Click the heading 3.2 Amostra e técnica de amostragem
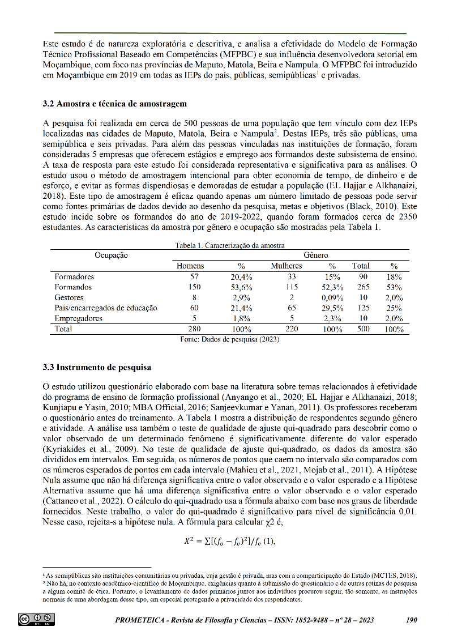point(115,104)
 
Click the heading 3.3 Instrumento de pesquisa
point(97,367)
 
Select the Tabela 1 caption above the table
point(229,246)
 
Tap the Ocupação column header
point(111,255)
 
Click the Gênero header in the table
point(316,255)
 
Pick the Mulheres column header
point(286,266)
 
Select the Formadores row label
point(74,277)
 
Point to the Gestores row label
point(69,297)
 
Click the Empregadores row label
point(79,318)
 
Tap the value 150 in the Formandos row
point(195,287)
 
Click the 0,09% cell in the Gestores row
point(332,297)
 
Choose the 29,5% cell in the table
point(332,308)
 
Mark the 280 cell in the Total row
point(195,329)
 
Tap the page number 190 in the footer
point(412,620)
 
